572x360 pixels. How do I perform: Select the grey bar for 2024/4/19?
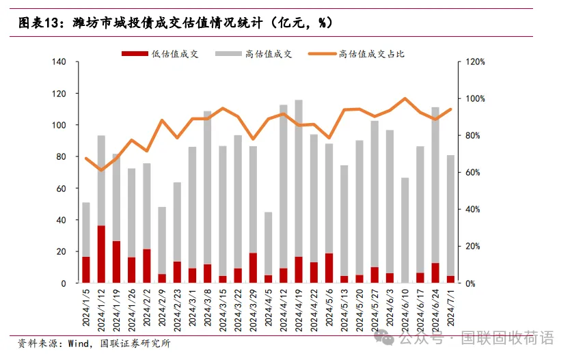[x=299, y=178]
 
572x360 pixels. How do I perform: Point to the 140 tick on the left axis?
[x=59, y=62]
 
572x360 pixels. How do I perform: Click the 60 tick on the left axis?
[x=61, y=189]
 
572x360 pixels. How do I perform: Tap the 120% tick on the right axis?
[x=475, y=62]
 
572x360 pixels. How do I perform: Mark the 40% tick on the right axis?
[x=475, y=210]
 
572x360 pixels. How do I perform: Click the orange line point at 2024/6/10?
[x=405, y=98]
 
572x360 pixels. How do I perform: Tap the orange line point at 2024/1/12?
[x=101, y=170]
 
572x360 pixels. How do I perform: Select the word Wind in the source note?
[x=79, y=343]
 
